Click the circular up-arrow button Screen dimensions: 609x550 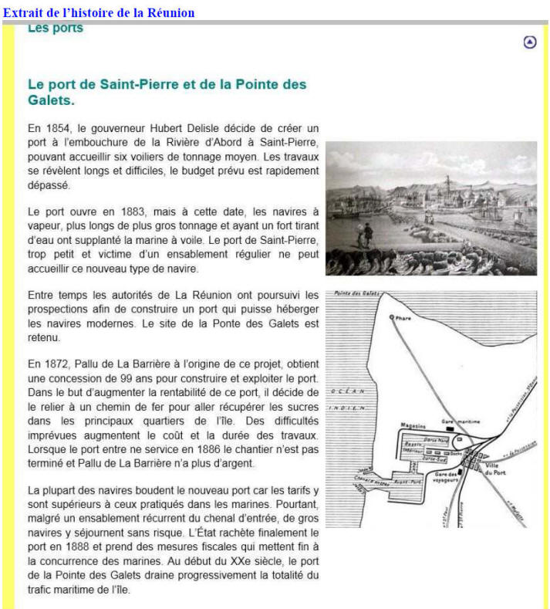529,42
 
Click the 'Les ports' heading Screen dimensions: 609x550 55,29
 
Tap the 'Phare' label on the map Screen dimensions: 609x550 404,318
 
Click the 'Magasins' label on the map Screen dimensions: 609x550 414,426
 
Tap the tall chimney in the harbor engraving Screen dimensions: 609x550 447,185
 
